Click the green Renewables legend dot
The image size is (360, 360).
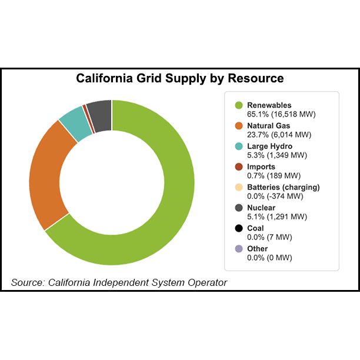coord(239,105)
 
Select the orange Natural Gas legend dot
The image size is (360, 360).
coord(239,126)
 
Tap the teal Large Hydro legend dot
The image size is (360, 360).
coord(239,146)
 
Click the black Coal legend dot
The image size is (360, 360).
coord(239,228)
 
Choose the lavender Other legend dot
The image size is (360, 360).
coord(239,249)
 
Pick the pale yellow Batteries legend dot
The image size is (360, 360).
coord(239,188)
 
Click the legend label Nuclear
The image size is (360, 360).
coord(261,208)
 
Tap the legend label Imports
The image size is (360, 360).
coord(261,167)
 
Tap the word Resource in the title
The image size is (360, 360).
coord(257,78)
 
